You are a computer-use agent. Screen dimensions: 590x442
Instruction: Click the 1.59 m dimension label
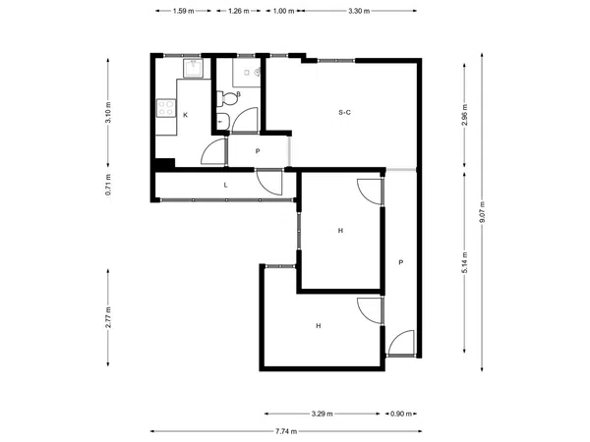pyautogui.click(x=184, y=11)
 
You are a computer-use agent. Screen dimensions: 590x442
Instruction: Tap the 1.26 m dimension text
pyautogui.click(x=239, y=11)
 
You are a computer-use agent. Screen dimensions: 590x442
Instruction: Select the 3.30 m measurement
pyautogui.click(x=359, y=11)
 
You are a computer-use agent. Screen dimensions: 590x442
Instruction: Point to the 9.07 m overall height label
pyautogui.click(x=482, y=212)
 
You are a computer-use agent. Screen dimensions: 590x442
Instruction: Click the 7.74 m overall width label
pyautogui.click(x=286, y=431)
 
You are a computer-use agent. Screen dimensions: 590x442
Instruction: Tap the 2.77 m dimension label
pyautogui.click(x=108, y=317)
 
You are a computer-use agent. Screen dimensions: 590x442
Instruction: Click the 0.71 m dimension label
pyautogui.click(x=108, y=185)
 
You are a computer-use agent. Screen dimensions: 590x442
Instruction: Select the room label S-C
pyautogui.click(x=345, y=112)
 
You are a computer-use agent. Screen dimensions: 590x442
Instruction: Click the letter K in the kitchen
pyautogui.click(x=185, y=115)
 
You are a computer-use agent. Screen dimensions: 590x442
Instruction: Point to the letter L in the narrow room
pyautogui.click(x=226, y=185)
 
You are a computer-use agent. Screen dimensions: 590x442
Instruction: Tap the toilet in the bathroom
pyautogui.click(x=227, y=99)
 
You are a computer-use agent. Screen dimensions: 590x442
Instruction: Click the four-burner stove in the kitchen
pyautogui.click(x=166, y=108)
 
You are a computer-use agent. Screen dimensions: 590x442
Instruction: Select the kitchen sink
pyautogui.click(x=194, y=68)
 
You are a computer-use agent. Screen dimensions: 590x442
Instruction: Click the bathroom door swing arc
pyautogui.click(x=245, y=120)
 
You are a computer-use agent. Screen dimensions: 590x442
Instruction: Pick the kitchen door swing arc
pyautogui.click(x=213, y=151)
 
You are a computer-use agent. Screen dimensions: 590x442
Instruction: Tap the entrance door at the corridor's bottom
pyautogui.click(x=401, y=343)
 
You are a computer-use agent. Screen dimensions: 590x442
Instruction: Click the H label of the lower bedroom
pyautogui.click(x=319, y=326)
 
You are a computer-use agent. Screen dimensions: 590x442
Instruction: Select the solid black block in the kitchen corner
pyautogui.click(x=165, y=163)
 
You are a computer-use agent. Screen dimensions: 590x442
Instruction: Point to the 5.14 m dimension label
pyautogui.click(x=465, y=262)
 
